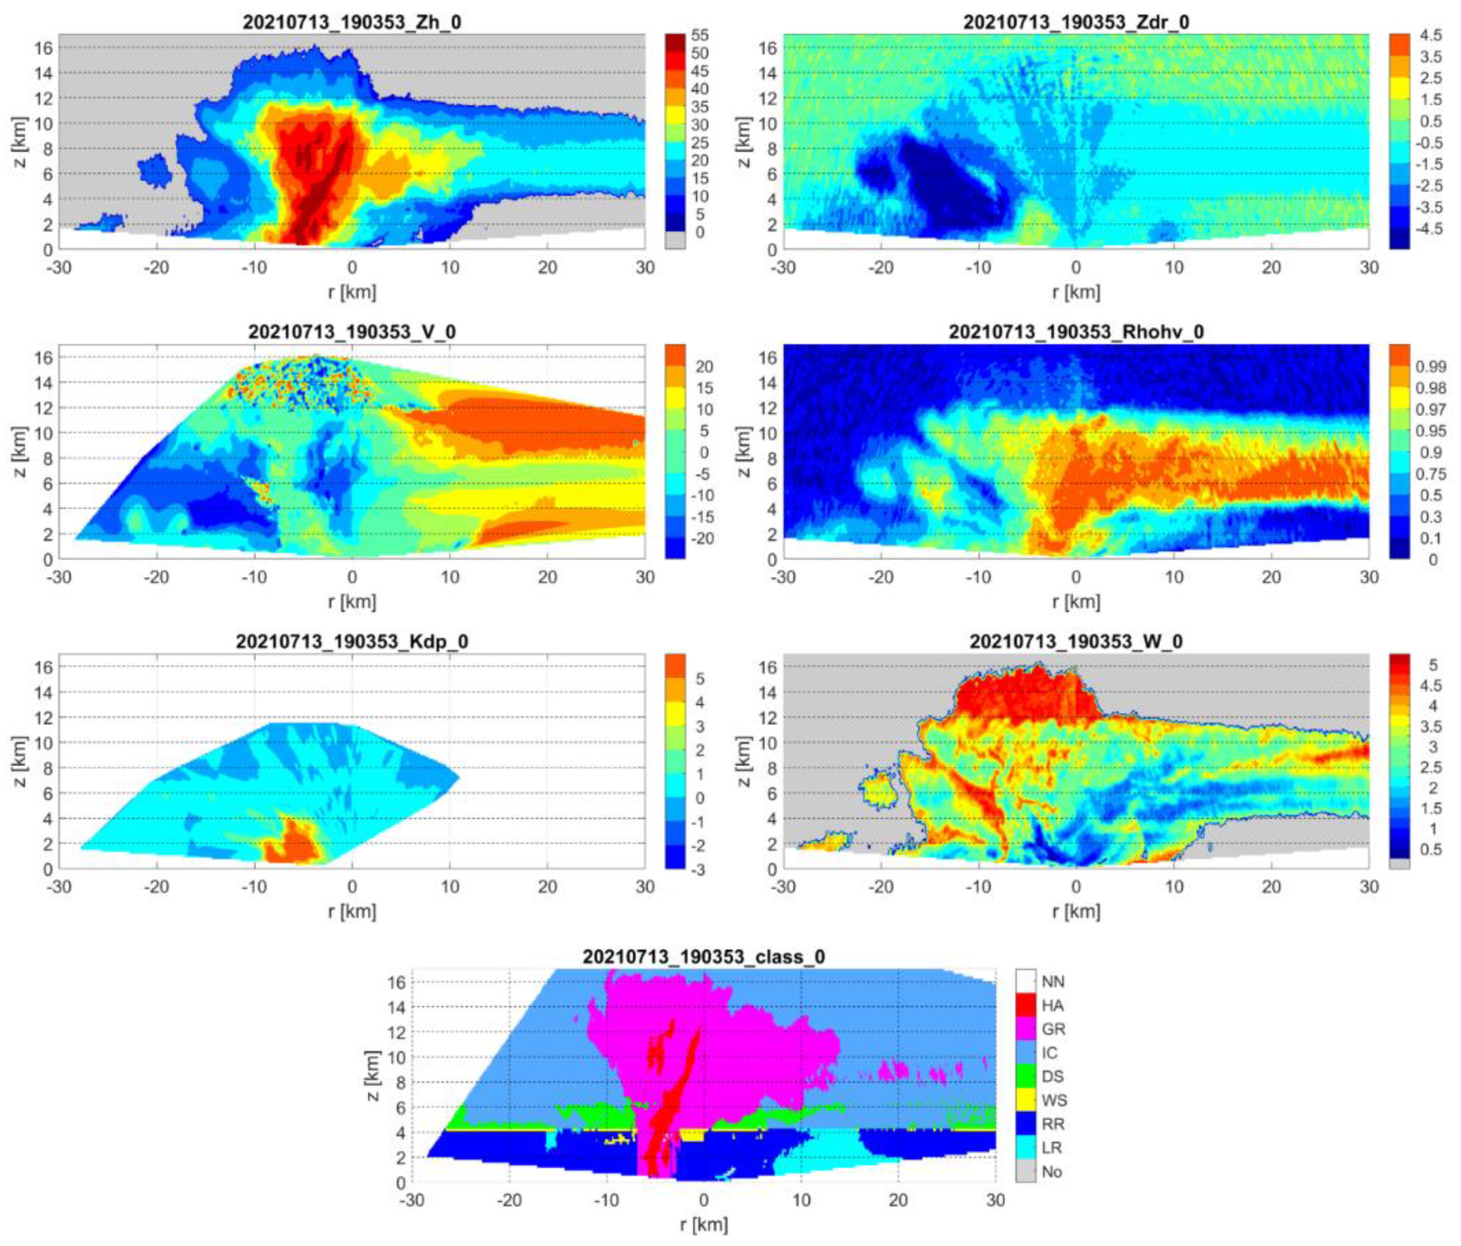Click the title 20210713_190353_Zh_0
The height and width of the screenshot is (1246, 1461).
coord(352,22)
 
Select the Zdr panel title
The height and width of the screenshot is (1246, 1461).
coord(1076,22)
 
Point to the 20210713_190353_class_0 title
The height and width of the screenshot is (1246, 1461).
coord(704,957)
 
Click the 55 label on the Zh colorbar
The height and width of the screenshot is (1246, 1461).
coord(699,36)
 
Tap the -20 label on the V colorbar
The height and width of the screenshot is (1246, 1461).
coord(704,538)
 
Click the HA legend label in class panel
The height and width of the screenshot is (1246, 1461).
coord(1052,1006)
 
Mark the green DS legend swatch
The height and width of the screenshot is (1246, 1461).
coord(1026,1077)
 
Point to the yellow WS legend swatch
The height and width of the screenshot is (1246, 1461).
coord(1026,1101)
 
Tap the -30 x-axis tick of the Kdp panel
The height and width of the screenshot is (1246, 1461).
coord(59,887)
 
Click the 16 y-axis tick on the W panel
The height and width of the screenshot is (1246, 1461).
coord(770,667)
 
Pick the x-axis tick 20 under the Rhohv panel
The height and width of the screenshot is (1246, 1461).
coord(1272,577)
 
